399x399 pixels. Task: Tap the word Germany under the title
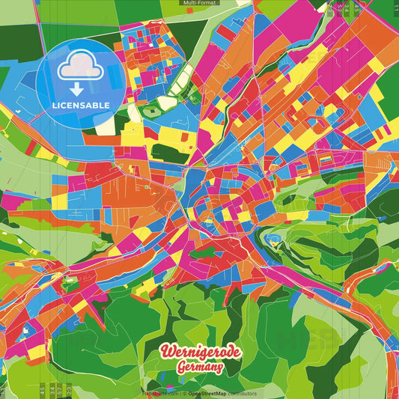[x=200, y=367]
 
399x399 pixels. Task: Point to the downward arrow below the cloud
[x=76, y=88]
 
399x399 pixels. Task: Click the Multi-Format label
[x=199, y=3]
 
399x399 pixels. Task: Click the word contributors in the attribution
[x=241, y=393]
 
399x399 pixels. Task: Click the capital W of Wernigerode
[x=165, y=351]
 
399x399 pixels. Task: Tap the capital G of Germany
[x=181, y=367]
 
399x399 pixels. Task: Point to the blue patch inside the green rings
[x=272, y=240]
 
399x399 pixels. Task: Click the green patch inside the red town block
[x=204, y=253]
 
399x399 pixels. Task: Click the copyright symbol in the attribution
[x=183, y=393]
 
